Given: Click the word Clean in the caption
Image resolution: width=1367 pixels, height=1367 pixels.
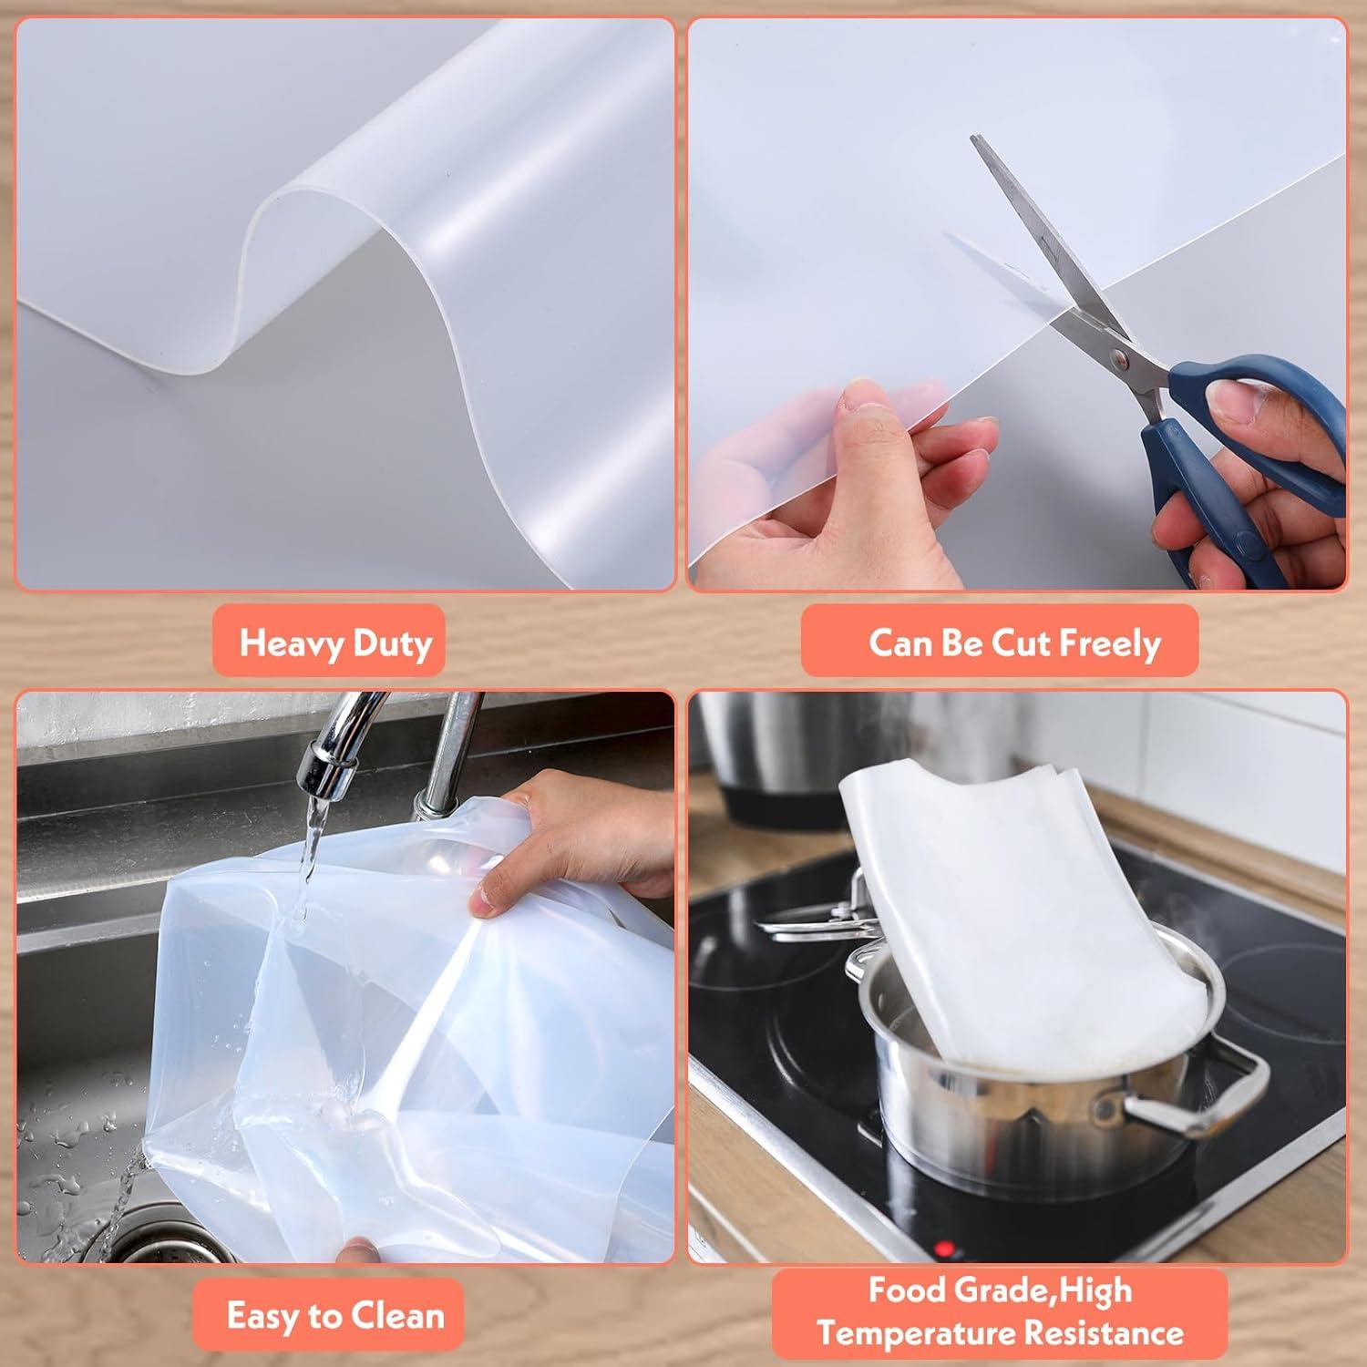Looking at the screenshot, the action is click(x=396, y=1316).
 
